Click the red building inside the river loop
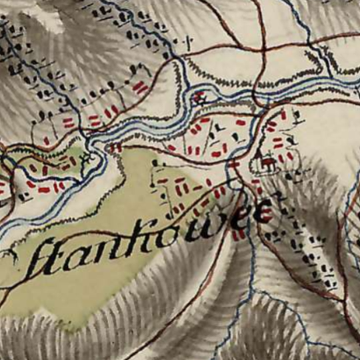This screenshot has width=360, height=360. (197, 97)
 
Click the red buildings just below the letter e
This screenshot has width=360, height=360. (238, 234)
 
